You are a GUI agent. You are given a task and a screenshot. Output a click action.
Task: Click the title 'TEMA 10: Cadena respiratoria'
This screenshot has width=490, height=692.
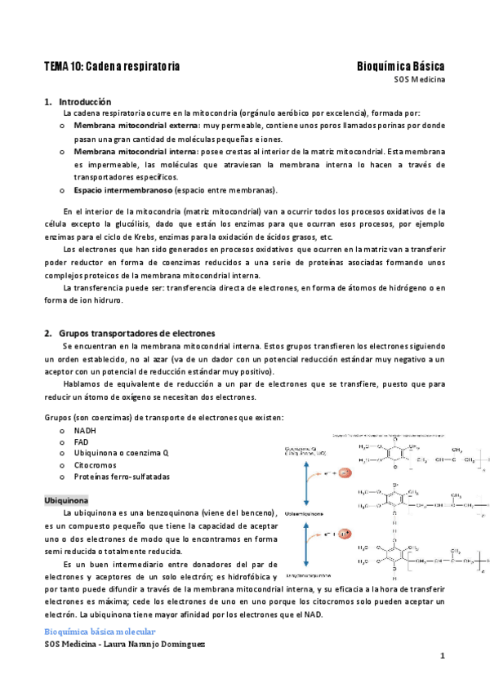point(112,65)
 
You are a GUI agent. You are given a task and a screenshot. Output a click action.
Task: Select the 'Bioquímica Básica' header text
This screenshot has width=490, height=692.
point(400,65)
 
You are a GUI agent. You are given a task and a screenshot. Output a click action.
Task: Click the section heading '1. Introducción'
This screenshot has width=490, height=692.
point(77,102)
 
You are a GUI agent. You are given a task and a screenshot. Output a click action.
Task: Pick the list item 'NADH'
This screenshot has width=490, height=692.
point(85,430)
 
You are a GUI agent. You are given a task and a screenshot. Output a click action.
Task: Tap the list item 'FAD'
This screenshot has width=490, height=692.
point(82,441)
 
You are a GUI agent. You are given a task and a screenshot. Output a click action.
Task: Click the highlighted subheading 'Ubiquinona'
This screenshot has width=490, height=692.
point(66,499)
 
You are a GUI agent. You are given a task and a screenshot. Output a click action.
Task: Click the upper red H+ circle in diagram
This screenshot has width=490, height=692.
point(345,472)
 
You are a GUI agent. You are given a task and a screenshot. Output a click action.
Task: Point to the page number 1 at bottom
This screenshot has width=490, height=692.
point(442,657)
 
